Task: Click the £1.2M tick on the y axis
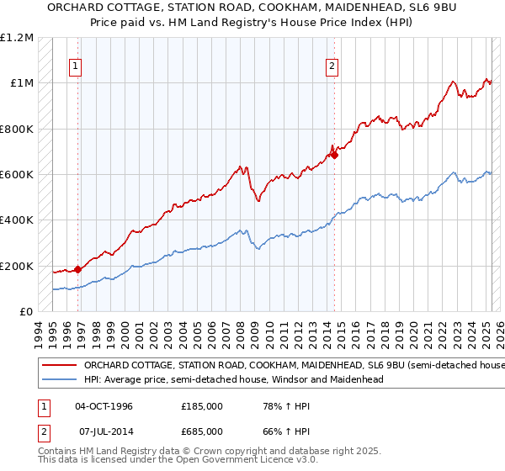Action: [17, 38]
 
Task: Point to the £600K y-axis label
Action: [17, 175]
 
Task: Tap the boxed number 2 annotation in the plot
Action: [332, 66]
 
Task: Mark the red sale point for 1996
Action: [78, 269]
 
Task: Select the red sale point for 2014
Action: [334, 155]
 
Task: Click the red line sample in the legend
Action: [58, 366]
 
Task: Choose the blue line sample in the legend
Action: [58, 379]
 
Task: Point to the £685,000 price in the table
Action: [202, 431]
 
